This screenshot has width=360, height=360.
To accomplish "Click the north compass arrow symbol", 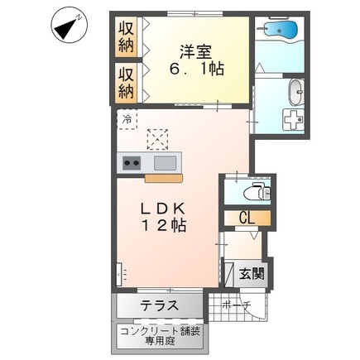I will pos(67,26).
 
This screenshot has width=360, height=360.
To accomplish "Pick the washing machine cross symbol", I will pos(295,117).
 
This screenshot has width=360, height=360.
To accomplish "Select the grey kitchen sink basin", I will pos(166,162).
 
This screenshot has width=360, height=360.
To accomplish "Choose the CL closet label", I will pos(247,219).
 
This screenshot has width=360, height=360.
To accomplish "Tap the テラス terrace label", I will pos(159,305).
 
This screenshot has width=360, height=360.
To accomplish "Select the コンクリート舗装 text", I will pos(158,330).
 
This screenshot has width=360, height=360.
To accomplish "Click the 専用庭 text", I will pos(158,341).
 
